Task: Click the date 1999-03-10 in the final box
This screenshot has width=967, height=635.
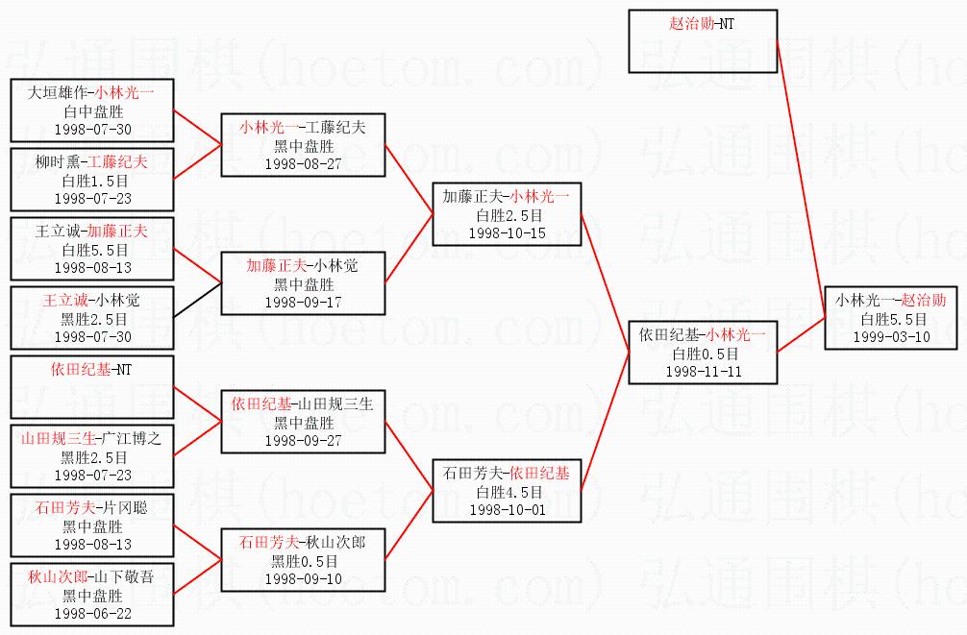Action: point(890,337)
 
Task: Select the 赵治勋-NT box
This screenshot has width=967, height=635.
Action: point(703,40)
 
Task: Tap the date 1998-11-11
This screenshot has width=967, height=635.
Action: point(703,372)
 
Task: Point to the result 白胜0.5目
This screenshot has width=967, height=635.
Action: point(703,354)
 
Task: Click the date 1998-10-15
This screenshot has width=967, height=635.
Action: point(507,232)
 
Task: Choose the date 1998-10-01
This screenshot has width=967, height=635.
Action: point(507,510)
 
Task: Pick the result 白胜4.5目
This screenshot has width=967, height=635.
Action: point(507,492)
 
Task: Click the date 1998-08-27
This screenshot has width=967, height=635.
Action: point(304,163)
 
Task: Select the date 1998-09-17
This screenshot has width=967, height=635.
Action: point(304,302)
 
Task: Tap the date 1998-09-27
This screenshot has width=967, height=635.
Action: point(304,440)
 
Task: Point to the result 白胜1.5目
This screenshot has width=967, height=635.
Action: point(93,181)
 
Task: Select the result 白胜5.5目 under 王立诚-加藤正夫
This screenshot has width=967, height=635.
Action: point(93,250)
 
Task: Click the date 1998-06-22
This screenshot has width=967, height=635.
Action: point(93,613)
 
